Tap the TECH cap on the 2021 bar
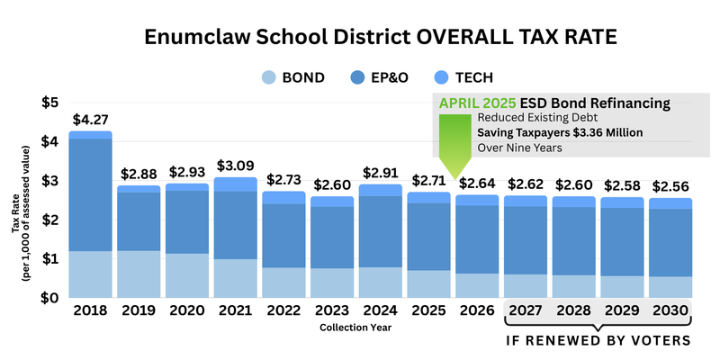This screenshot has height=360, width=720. tap(236, 184)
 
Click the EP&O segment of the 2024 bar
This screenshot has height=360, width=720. tap(382, 231)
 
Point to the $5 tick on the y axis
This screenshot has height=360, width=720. tap(50, 102)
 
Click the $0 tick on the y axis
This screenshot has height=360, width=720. tap(50, 297)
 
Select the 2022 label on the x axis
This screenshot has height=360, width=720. tap(284, 310)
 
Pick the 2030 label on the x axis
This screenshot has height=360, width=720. tap(670, 310)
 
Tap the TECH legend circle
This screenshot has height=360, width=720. tap(437, 77)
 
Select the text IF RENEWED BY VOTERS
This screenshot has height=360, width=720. tap(598, 341)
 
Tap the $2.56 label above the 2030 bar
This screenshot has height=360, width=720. tap(670, 185)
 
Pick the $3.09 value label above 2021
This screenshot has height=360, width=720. tap(236, 166)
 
